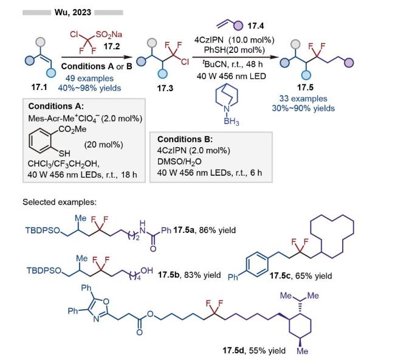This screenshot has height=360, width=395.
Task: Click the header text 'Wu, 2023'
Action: click(x=73, y=12)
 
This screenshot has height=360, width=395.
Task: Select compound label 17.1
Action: click(x=39, y=87)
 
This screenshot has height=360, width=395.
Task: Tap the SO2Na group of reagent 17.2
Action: click(x=109, y=35)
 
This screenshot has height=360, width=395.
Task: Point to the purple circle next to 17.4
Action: click(x=238, y=25)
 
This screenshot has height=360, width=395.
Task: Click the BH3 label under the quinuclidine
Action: click(x=232, y=122)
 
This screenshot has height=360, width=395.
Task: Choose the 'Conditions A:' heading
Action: click(x=56, y=106)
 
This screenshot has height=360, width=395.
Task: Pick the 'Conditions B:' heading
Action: click(x=185, y=139)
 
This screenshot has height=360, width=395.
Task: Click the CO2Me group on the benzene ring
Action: click(x=72, y=130)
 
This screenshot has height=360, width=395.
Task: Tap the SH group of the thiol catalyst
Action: click(x=64, y=153)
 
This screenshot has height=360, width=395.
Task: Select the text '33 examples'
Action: click(x=303, y=99)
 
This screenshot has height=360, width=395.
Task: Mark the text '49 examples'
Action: click(x=90, y=78)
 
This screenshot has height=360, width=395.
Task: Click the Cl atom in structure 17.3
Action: click(x=185, y=62)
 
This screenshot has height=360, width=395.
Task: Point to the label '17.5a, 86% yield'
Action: click(x=205, y=230)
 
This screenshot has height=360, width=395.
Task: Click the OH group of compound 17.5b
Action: click(x=146, y=271)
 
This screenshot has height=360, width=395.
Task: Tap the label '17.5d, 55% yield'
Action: click(x=254, y=351)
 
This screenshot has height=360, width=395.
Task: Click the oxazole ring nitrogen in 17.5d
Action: click(x=96, y=319)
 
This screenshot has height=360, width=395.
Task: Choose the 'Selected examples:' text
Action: click(x=60, y=202)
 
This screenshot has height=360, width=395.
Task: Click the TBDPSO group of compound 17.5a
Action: click(x=43, y=230)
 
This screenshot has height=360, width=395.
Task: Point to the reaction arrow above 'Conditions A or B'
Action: click(x=97, y=57)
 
